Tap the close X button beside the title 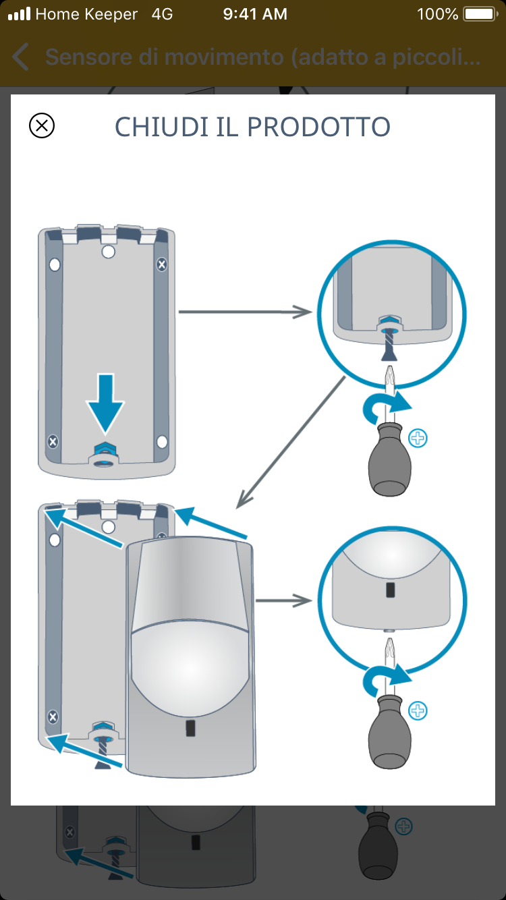click(x=42, y=125)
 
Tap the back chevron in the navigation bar click(x=21, y=57)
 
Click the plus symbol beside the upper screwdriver click(x=418, y=439)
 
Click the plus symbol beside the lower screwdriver click(x=418, y=710)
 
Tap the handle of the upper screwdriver click(x=389, y=459)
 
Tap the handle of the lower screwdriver click(x=389, y=731)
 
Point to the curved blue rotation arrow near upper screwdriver click(x=385, y=407)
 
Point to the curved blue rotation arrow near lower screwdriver click(x=385, y=679)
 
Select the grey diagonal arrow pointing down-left click(x=290, y=442)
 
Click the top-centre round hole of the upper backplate click(x=108, y=252)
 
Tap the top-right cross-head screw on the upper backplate click(x=161, y=264)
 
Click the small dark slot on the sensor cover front click(x=190, y=728)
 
